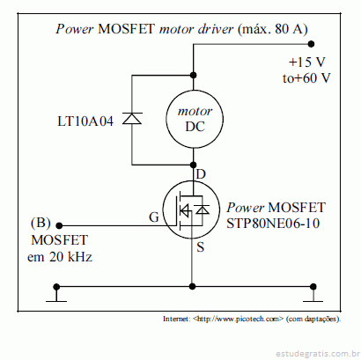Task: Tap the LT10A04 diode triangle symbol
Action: (132, 118)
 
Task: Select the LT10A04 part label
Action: (85, 121)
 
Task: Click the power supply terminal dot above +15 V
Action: (311, 44)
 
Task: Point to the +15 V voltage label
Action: (307, 62)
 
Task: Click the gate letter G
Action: (154, 217)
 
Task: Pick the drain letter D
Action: (201, 174)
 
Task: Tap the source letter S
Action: (200, 247)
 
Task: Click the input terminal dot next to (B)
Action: (59, 225)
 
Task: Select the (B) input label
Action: (41, 223)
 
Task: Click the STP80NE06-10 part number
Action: (273, 224)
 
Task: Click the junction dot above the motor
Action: (194, 75)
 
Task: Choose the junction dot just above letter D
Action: (194, 165)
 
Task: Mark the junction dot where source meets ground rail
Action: (192, 286)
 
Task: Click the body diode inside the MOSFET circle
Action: (203, 209)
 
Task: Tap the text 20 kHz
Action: (70, 257)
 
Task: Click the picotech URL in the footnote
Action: (239, 319)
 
